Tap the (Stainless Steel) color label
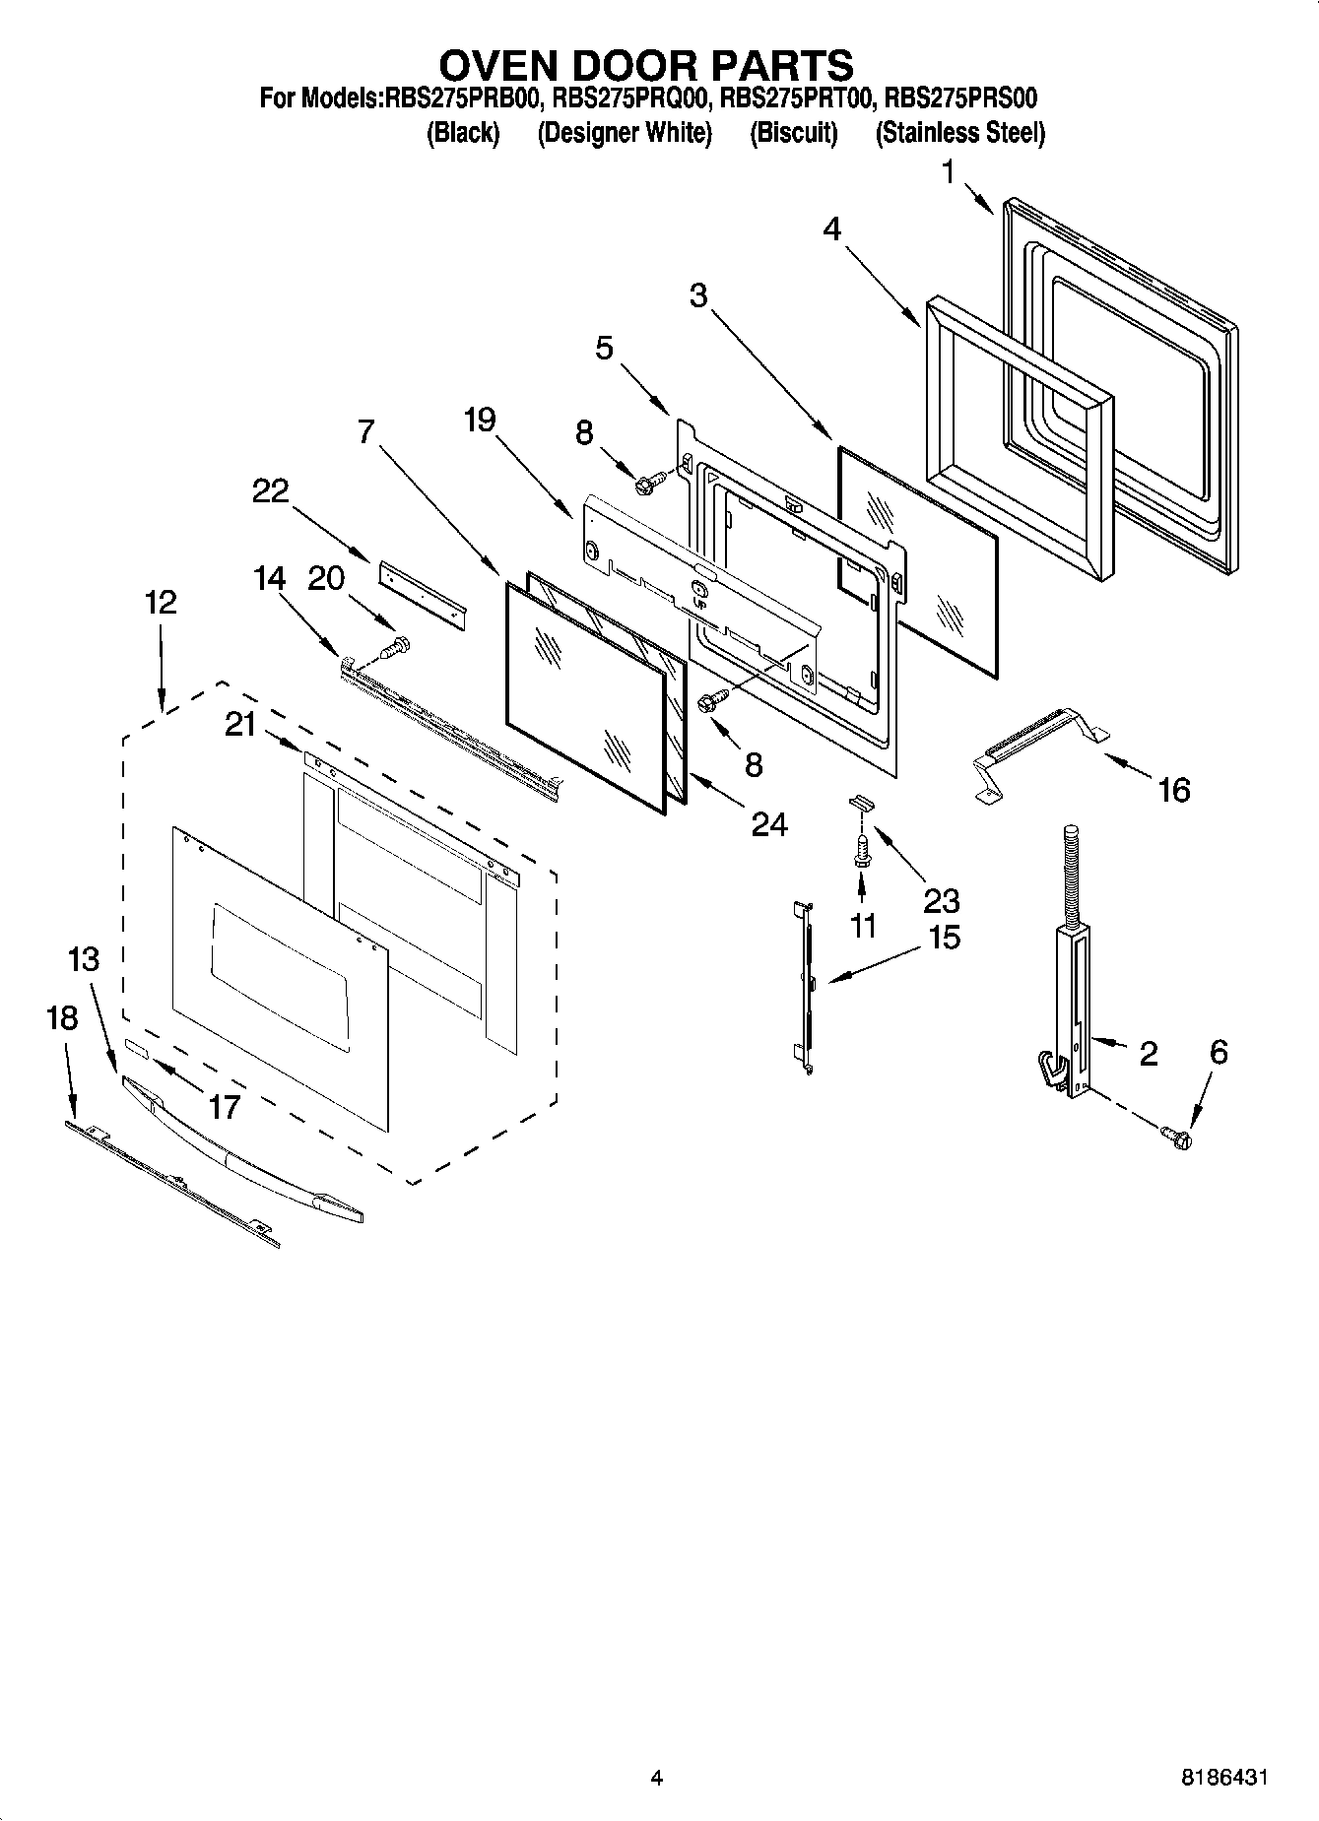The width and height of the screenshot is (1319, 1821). coord(959,133)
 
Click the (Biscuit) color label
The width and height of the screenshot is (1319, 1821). coord(793,133)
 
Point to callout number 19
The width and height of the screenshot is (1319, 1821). coord(480,421)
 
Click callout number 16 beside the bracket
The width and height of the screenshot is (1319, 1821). coord(1173,789)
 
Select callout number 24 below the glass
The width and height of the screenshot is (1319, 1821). coord(768,823)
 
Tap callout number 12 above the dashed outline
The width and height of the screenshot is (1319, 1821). coord(161,601)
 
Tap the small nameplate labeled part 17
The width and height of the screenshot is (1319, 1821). coord(136,1051)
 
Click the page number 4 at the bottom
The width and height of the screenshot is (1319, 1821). coord(656,1778)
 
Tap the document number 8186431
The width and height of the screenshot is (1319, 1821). coord(1224,1778)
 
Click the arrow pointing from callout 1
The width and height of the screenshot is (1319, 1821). coord(978,198)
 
